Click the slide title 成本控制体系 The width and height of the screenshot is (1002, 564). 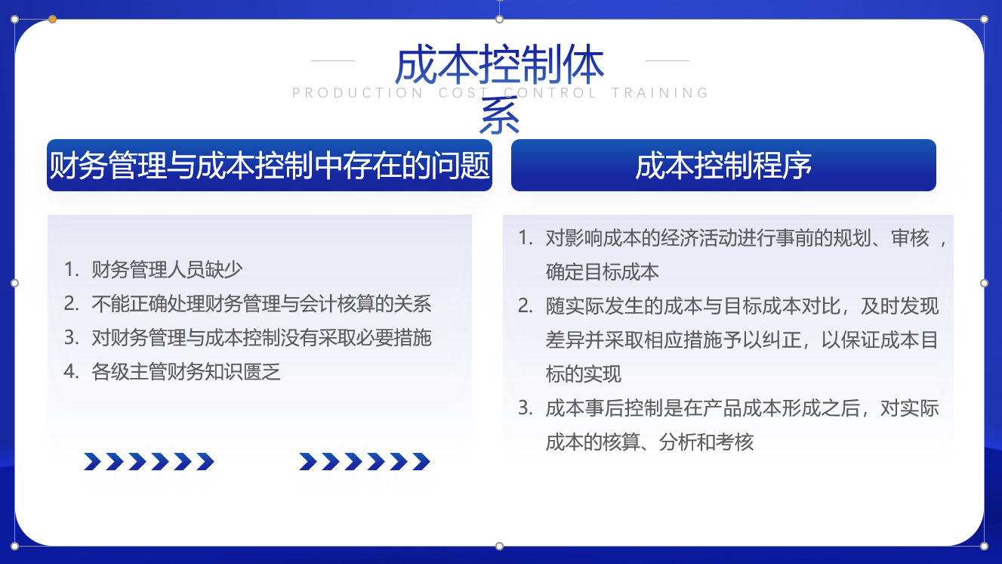pos(499,88)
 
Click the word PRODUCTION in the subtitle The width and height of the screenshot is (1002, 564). pos(357,93)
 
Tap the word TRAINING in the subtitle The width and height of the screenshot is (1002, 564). pos(660,93)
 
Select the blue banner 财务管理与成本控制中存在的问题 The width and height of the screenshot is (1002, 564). pos(270,166)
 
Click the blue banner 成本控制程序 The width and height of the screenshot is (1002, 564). pos(723,166)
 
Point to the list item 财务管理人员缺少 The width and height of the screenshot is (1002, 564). pos(167,270)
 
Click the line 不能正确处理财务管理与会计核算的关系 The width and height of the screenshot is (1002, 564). pos(261,304)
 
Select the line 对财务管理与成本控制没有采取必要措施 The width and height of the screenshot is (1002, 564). pos(261,338)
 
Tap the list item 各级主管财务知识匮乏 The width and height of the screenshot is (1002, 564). pos(186,372)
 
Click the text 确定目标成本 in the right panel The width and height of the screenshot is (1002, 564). pos(602,272)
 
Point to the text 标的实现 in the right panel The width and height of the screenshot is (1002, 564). pos(584,374)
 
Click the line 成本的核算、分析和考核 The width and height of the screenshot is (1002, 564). pos(649,442)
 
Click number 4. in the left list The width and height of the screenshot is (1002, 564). pos(71,372)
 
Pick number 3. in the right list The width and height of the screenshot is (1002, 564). pos(526,408)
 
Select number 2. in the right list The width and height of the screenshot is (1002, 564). pos(526,306)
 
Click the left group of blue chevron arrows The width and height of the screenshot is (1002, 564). pos(149,462)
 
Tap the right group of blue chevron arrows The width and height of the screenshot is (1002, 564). pos(365,462)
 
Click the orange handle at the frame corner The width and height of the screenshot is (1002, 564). pos(52,19)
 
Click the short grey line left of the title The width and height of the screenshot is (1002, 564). pos(333,60)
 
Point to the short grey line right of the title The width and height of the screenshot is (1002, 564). pos(667,60)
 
